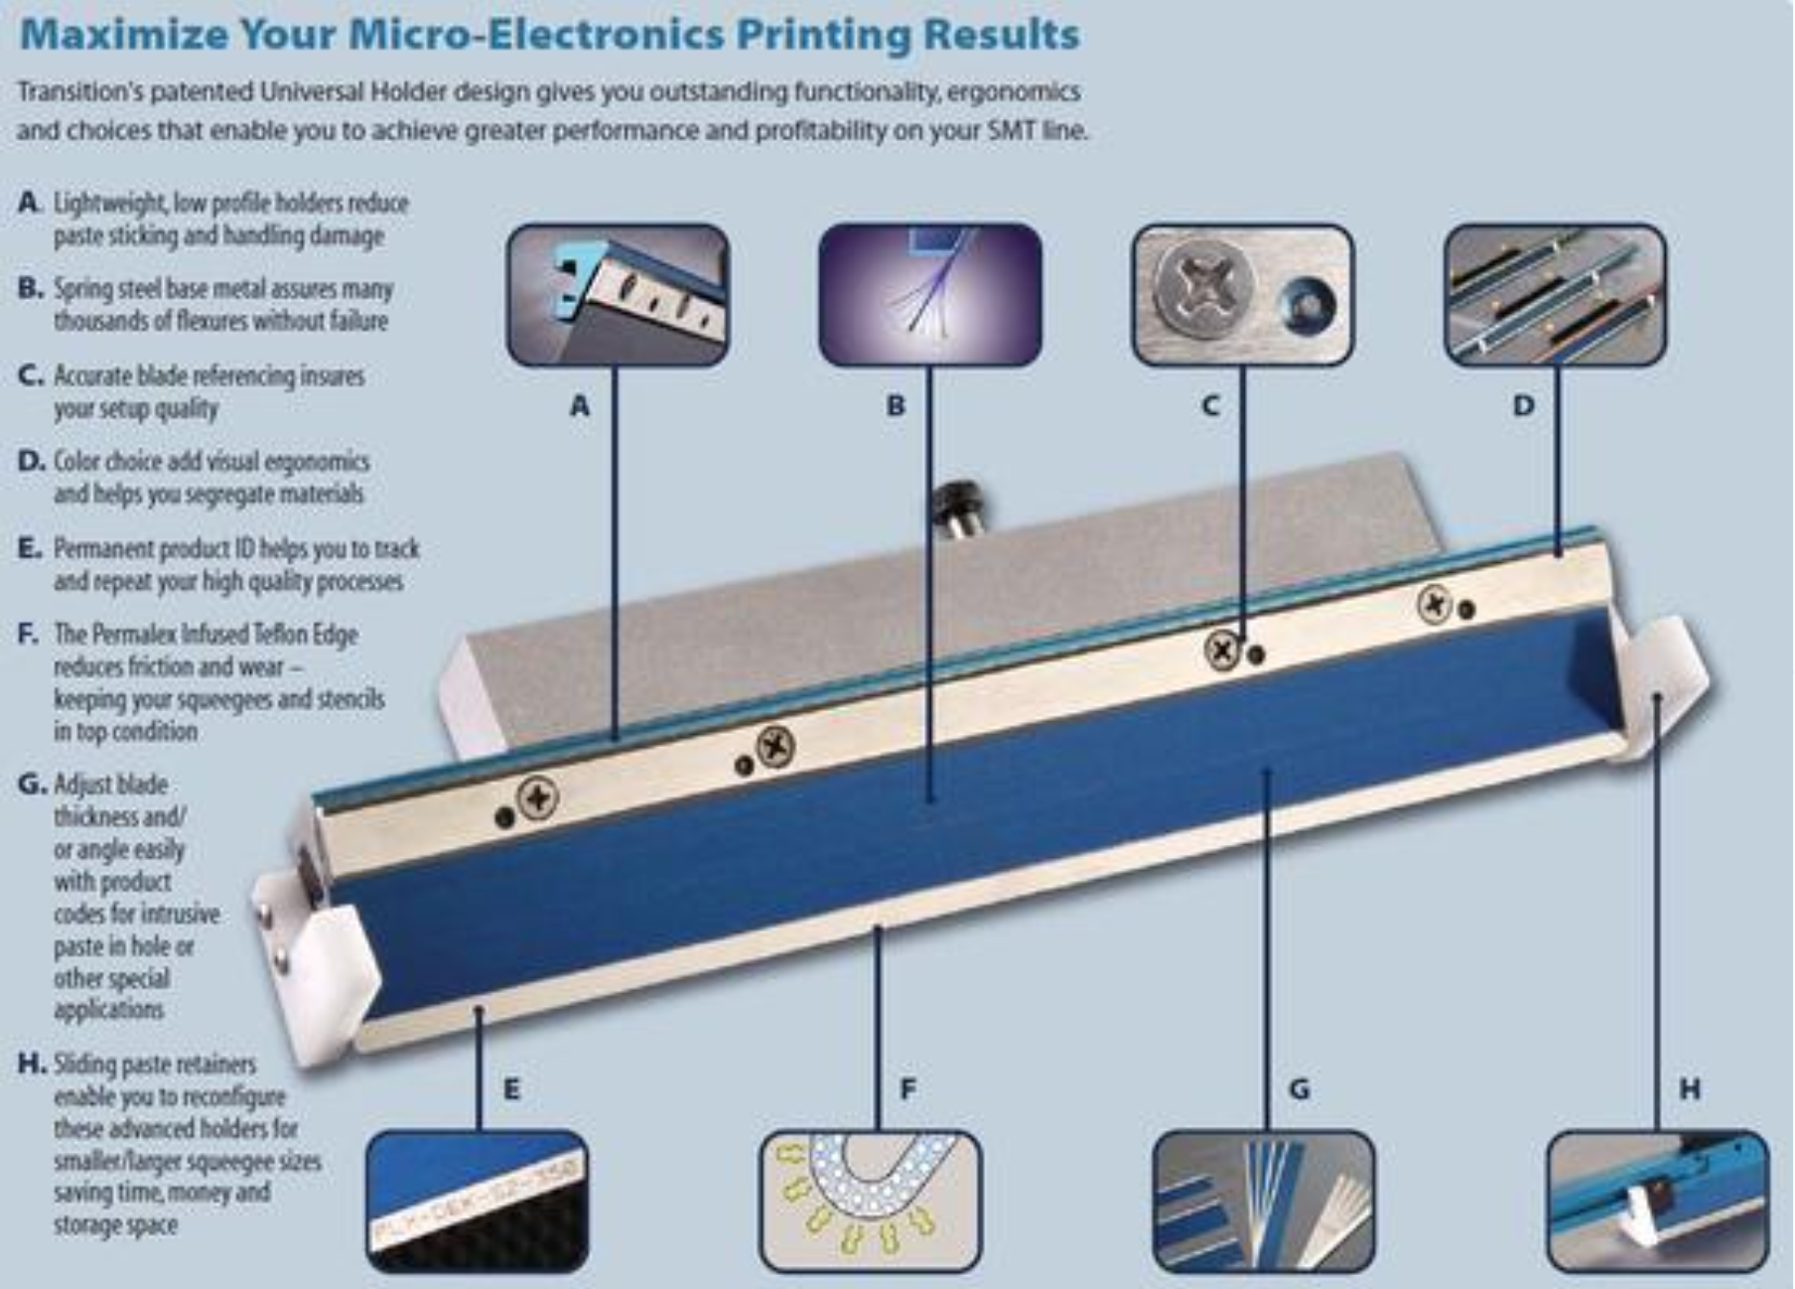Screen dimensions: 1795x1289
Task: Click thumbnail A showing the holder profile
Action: click(x=618, y=295)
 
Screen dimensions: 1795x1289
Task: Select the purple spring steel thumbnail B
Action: click(x=930, y=295)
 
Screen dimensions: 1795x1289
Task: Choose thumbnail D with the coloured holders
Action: click(x=1555, y=295)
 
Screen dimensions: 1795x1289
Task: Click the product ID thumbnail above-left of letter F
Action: click(x=477, y=1202)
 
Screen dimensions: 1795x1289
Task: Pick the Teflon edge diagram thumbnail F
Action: click(x=871, y=1202)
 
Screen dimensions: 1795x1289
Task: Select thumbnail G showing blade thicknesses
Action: click(x=1264, y=1202)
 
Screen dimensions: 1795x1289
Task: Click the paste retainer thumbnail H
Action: click(x=1658, y=1202)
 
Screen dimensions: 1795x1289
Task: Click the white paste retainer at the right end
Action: click(x=1656, y=685)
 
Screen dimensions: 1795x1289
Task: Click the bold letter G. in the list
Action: click(x=32, y=785)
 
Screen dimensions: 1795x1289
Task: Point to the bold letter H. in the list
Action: click(x=32, y=1065)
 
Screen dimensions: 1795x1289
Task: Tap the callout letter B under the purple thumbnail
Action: click(x=896, y=405)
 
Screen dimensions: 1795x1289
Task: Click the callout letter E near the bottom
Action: click(x=511, y=1089)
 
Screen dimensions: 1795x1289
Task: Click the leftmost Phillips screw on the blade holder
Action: click(x=539, y=797)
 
